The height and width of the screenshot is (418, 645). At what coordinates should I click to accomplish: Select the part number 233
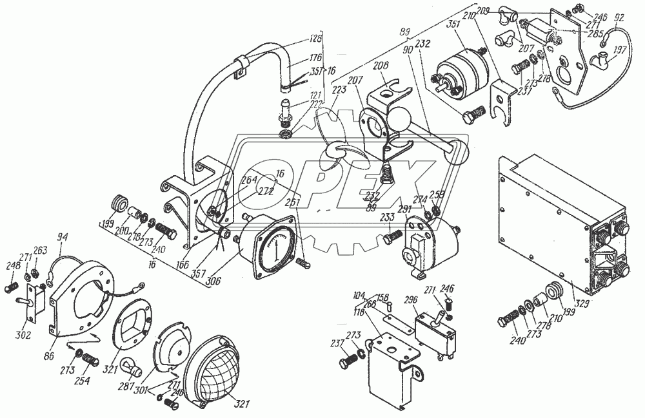(387, 217)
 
